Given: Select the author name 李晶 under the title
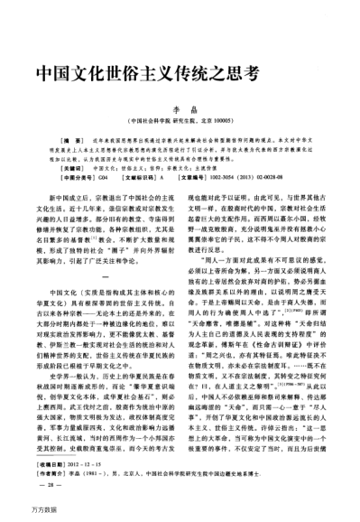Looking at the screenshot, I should point(180,108).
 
